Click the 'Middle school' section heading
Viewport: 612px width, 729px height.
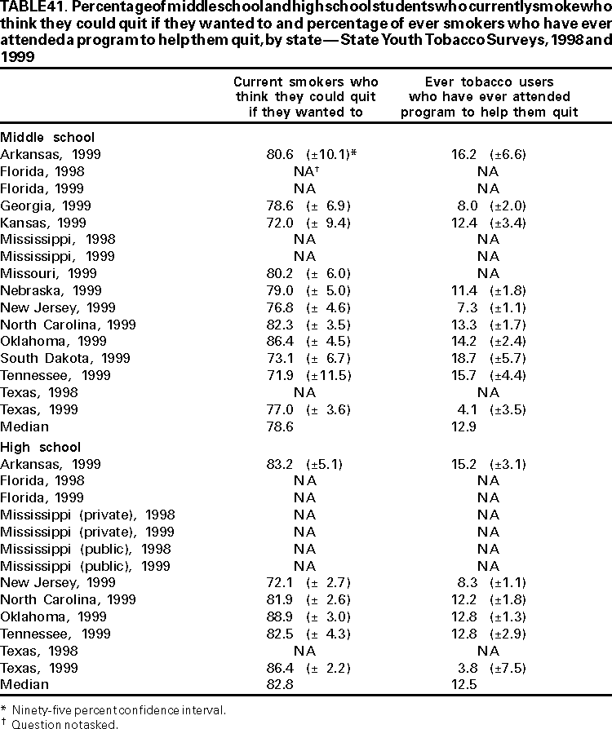(x=47, y=137)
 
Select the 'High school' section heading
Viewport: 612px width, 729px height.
(x=41, y=447)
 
